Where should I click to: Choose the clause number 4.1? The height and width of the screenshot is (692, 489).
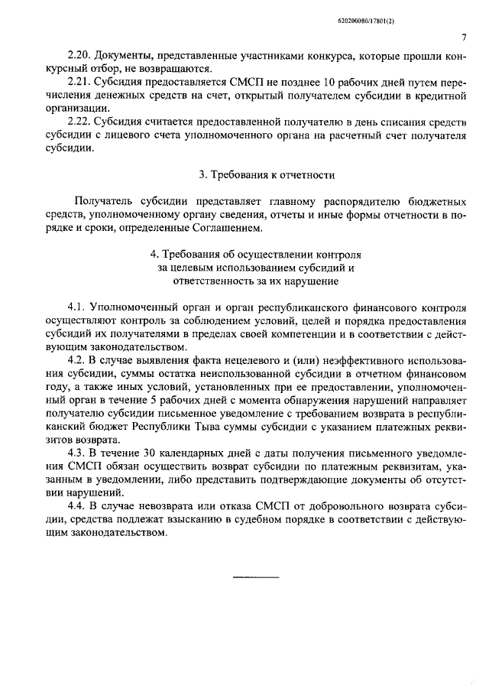77,307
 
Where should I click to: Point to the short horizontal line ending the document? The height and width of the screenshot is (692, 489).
256,575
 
